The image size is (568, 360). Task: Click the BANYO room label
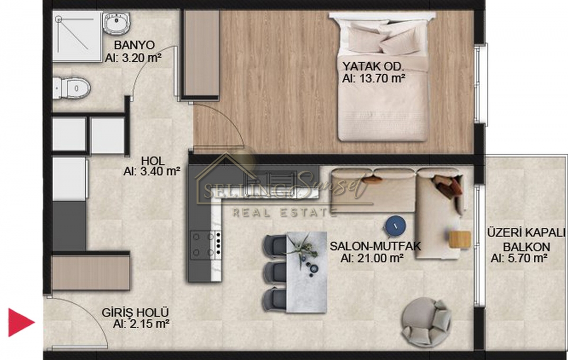[134, 45]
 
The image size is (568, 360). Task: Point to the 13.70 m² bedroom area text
[373, 78]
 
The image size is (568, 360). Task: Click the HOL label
[153, 161]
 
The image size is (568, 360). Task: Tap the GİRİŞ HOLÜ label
[135, 313]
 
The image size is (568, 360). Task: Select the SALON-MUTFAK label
[375, 246]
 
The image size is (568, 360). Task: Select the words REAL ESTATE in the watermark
[285, 212]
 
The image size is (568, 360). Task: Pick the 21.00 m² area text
[373, 258]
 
